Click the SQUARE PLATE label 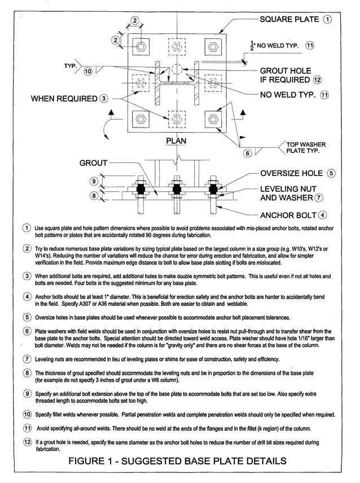[x=289, y=20]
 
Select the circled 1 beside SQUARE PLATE [x=327, y=20]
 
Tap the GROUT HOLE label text [x=285, y=71]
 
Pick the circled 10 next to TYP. [x=87, y=72]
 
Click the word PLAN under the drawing [x=176, y=140]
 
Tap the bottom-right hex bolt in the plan [x=213, y=119]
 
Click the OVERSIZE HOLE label [x=291, y=173]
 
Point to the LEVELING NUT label [x=288, y=188]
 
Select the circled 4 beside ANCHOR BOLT [x=322, y=214]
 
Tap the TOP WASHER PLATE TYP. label [x=306, y=148]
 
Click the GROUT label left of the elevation [x=93, y=163]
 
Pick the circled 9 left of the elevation [x=94, y=181]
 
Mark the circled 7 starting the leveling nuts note [x=27, y=359]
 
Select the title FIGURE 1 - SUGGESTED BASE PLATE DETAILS [x=177, y=461]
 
